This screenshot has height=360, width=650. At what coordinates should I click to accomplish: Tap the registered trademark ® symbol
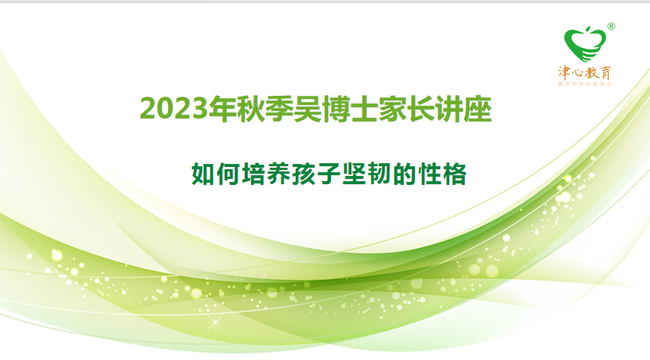pos(611,26)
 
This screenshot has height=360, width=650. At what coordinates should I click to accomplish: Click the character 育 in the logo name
pos(607,73)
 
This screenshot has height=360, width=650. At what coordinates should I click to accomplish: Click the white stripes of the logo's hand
pos(592,52)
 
